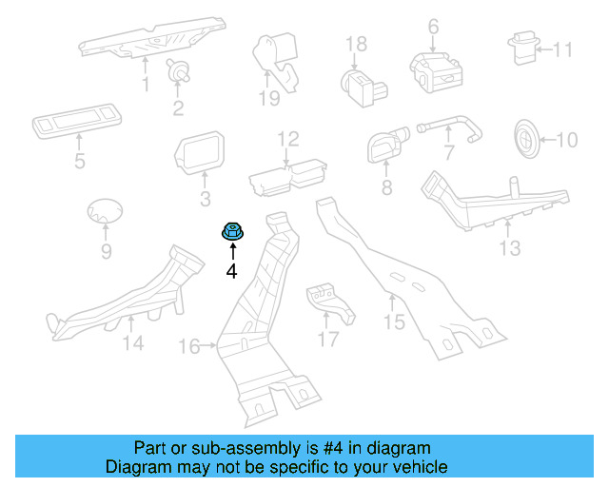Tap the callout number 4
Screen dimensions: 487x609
[231, 271]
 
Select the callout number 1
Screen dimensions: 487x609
[146, 86]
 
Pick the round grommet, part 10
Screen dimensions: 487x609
[525, 138]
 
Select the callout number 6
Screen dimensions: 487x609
[433, 26]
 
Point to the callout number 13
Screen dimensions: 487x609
[510, 248]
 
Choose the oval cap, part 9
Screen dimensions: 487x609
[104, 215]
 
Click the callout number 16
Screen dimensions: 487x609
[189, 346]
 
